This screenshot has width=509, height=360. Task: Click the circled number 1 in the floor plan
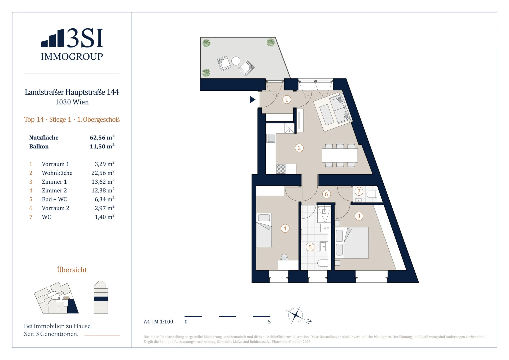coord(287,100)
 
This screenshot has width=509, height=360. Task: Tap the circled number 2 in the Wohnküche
coord(299,148)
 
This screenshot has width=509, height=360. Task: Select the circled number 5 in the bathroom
coord(310,247)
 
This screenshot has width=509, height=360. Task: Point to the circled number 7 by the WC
coord(359,191)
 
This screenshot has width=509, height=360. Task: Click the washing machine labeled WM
coord(326,228)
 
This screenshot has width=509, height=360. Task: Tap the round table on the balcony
coord(236,61)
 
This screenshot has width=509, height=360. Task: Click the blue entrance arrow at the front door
coord(252,99)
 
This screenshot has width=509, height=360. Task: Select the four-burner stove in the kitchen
coord(281,169)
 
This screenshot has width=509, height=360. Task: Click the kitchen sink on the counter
coord(271,138)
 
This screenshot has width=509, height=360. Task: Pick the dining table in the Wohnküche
coord(340,155)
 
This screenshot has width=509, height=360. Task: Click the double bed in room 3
coord(352,243)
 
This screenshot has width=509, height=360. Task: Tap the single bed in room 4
coord(264,230)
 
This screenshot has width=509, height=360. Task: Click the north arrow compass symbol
coord(296,315)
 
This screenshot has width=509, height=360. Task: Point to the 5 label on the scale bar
coord(269,322)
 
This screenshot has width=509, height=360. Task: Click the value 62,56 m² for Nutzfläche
coord(102,137)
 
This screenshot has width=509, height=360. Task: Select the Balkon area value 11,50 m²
coord(102,146)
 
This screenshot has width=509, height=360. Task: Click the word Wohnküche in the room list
coord(57,173)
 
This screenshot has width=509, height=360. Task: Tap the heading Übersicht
coord(72,270)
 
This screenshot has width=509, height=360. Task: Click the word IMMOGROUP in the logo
coord(72,56)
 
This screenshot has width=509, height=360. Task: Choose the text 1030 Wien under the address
coord(72,102)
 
